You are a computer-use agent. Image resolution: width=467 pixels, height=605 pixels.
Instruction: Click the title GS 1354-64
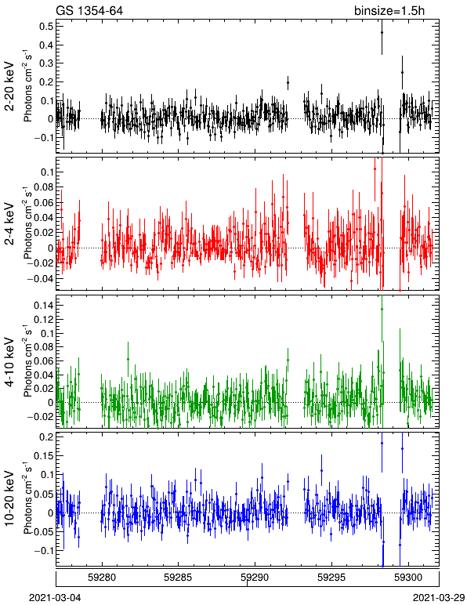point(89,10)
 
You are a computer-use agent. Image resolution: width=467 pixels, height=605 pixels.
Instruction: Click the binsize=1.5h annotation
point(389,11)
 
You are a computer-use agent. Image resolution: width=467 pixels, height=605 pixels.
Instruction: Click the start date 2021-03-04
point(55,598)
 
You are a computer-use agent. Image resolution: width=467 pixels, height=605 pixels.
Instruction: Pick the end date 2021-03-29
point(439,598)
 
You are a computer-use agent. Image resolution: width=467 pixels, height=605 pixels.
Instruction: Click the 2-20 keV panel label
point(9,86)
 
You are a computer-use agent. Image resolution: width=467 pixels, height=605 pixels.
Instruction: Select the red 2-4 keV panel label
point(9,224)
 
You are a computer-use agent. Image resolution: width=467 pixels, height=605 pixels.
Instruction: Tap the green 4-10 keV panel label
point(9,362)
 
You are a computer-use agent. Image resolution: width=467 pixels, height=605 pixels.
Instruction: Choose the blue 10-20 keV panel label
point(9,498)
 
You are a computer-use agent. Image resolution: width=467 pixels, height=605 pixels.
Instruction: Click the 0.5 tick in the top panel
point(46,26)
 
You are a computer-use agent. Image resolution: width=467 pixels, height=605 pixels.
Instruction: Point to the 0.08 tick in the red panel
point(43,187)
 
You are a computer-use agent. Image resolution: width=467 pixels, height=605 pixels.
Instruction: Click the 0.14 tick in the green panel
point(43,306)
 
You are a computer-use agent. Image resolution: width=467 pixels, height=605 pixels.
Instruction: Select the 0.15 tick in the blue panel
point(43,456)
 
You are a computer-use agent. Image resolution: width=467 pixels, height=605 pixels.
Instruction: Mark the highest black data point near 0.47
point(382,33)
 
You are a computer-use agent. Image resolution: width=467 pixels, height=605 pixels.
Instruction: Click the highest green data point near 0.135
point(382,309)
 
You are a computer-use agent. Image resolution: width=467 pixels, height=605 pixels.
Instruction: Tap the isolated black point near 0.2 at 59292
point(288,82)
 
